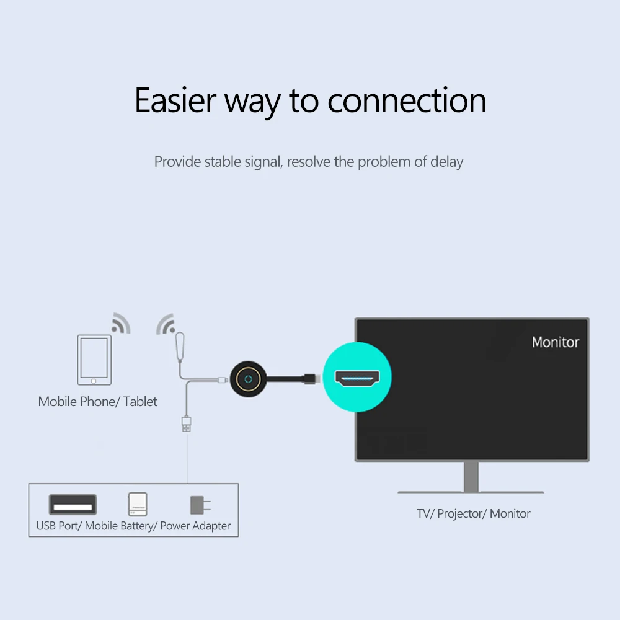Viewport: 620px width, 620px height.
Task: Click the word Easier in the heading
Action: click(174, 101)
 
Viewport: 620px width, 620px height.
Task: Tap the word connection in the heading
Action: click(407, 101)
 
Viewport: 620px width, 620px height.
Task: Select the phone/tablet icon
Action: click(94, 360)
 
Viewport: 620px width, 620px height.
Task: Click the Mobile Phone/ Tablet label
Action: click(98, 402)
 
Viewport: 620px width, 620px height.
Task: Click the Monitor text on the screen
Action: click(556, 342)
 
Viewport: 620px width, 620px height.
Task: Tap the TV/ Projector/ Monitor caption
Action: click(473, 513)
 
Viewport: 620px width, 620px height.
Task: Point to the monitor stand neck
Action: click(471, 477)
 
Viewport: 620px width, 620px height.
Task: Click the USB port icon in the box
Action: click(73, 505)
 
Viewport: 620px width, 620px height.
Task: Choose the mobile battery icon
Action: click(138, 504)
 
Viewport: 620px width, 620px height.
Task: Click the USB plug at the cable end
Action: click(186, 425)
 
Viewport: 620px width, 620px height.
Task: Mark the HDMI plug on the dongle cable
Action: click(311, 377)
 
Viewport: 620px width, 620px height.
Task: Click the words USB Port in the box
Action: click(58, 526)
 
